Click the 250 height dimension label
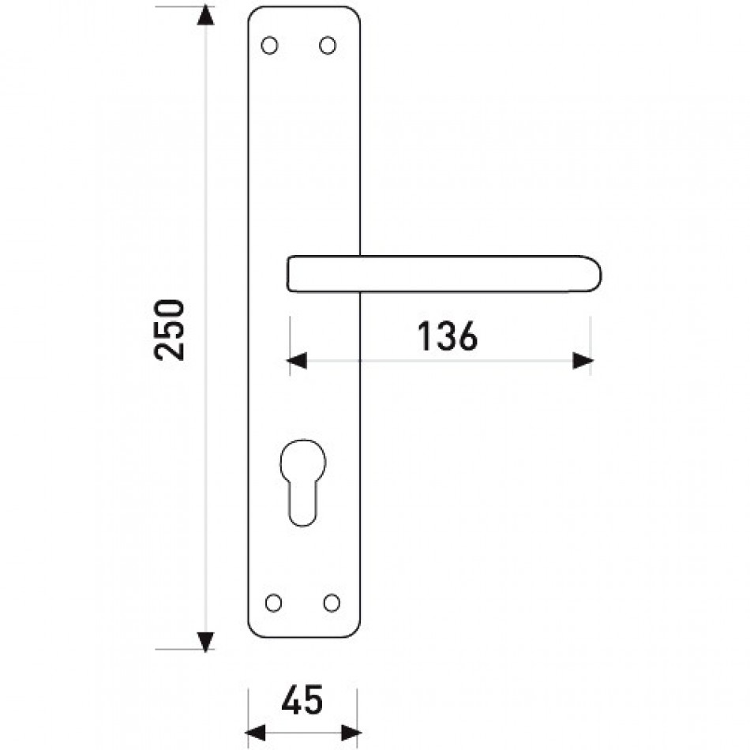tap(169, 329)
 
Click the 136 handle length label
tap(448, 336)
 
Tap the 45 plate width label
tap(302, 699)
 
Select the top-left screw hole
tap(269, 46)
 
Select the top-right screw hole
tap(328, 46)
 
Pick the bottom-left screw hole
tap(273, 602)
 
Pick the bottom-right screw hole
tap(332, 602)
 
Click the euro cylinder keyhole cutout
tap(303, 482)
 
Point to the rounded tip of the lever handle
tap(599, 274)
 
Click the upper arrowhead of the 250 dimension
tap(206, 15)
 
